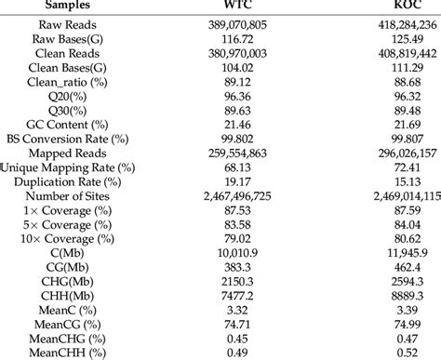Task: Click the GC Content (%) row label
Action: click(x=68, y=123)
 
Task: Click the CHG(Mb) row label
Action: click(x=68, y=283)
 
